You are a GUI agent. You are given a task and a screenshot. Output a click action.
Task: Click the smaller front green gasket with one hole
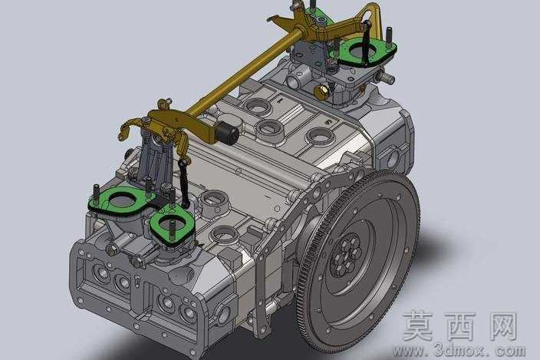point(172,226)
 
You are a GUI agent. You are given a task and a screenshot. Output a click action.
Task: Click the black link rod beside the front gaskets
point(184,183)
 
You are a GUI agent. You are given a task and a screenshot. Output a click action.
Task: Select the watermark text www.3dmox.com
point(459,350)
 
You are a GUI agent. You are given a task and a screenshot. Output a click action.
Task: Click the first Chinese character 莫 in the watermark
point(418,326)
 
